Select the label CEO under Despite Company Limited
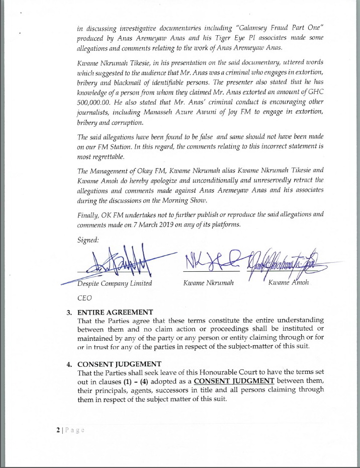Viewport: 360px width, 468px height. click(84, 297)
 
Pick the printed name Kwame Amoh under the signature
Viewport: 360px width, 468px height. click(289, 283)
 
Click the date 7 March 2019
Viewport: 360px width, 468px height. click(146, 224)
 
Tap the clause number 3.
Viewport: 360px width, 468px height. click(69, 312)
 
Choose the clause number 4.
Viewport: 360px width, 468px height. click(69, 364)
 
